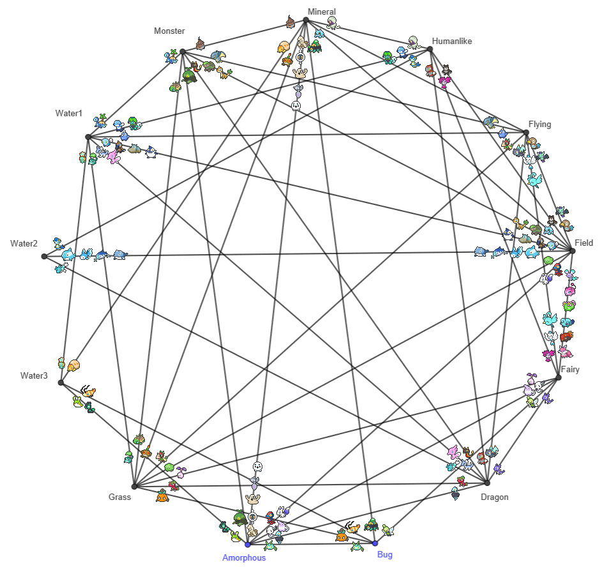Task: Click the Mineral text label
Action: pos(321,11)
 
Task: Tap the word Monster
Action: pos(169,31)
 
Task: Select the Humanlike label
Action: pos(451,42)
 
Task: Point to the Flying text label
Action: pos(540,124)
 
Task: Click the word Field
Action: pos(584,243)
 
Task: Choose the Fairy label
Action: pos(570,369)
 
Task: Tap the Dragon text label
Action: pos(494,497)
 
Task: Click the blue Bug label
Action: pos(384,554)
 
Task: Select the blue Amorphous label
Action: pos(244,557)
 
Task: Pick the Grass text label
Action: pos(119,497)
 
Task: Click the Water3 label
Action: pos(34,375)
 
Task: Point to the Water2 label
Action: pos(24,243)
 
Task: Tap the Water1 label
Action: pos(69,113)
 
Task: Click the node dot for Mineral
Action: pos(306,20)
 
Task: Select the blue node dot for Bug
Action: pos(375,543)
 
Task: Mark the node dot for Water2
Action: pos(44,256)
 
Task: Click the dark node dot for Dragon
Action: pos(487,483)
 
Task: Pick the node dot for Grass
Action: pos(134,485)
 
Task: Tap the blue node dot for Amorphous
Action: pos(248,544)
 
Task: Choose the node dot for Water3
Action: pos(61,382)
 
